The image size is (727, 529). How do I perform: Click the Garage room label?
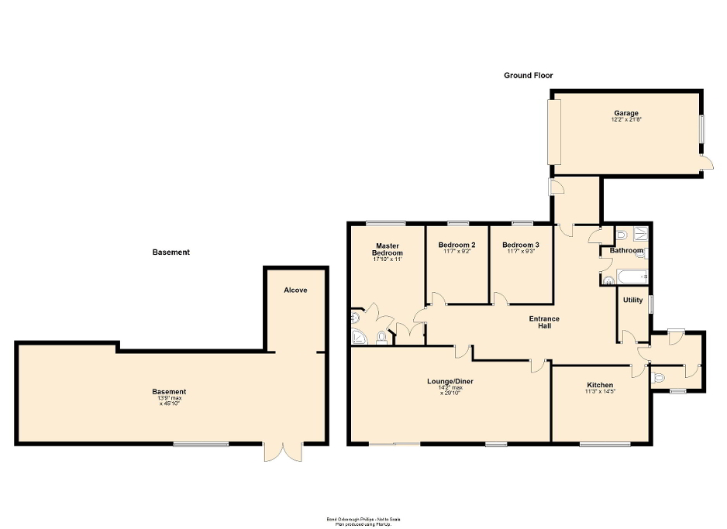click(x=626, y=113)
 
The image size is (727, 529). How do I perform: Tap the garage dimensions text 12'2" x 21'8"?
click(x=626, y=120)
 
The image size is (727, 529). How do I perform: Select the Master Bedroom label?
click(x=388, y=249)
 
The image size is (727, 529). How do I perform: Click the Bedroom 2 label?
click(x=457, y=245)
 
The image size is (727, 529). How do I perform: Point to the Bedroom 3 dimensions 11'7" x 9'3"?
click(x=521, y=252)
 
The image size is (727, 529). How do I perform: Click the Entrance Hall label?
click(x=544, y=322)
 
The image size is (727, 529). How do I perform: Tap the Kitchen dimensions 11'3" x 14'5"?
click(x=600, y=392)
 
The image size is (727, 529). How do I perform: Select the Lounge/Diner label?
click(x=450, y=381)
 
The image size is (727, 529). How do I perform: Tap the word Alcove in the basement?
click(x=295, y=290)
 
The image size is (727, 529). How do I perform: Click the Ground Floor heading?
click(x=529, y=75)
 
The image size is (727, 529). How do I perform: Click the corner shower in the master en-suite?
click(x=360, y=335)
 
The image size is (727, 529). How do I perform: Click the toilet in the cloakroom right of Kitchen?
click(x=659, y=378)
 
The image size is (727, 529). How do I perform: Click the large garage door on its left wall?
click(x=554, y=132)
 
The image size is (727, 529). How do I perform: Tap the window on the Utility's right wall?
click(x=651, y=304)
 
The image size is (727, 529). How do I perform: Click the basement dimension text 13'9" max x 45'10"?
click(x=169, y=397)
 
